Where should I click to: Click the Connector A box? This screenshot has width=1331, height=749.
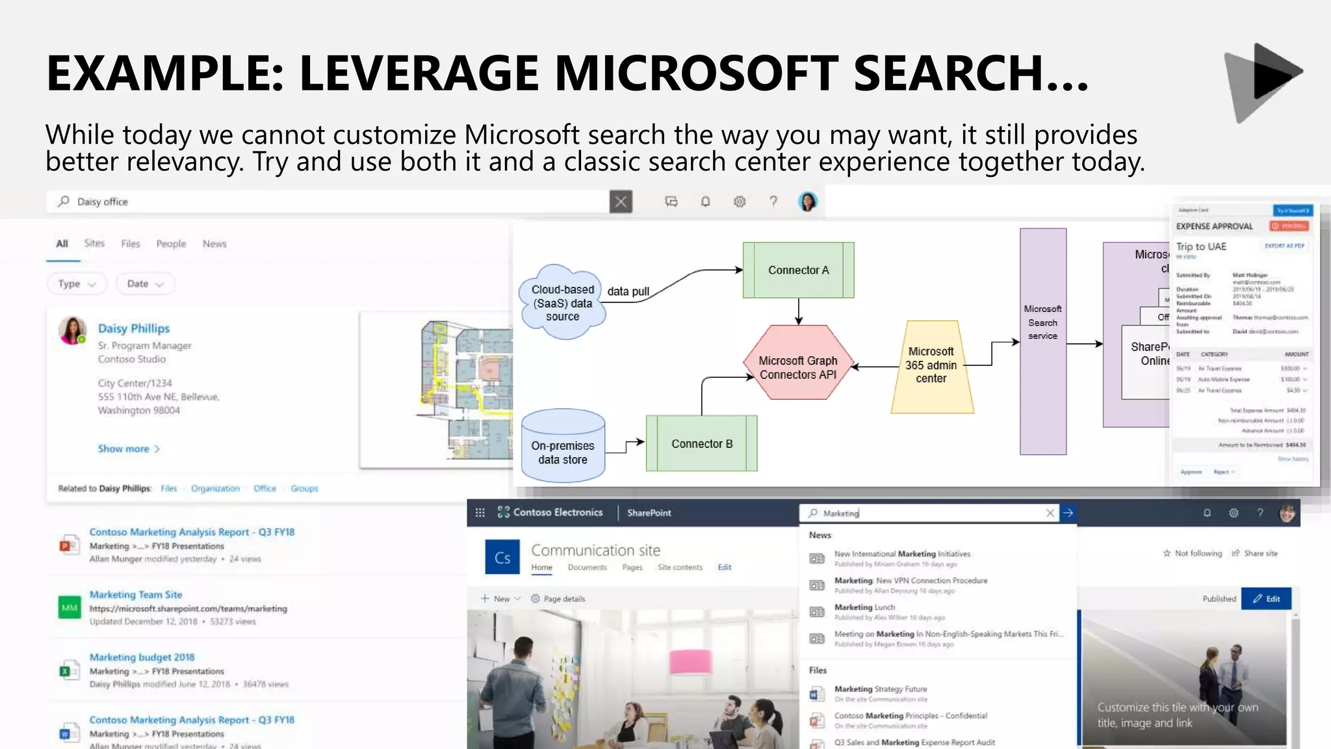pos(798,270)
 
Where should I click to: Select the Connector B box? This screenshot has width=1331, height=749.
pos(701,443)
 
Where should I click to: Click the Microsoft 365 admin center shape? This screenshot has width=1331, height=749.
pos(931,365)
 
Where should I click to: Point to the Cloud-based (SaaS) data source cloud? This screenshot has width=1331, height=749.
pos(562,303)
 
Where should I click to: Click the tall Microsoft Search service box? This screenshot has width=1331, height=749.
pos(1042,341)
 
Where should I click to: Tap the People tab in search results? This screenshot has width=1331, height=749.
pos(171,244)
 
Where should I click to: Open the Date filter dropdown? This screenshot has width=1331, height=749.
pos(144,283)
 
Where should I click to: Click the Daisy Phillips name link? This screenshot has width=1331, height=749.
pos(134,328)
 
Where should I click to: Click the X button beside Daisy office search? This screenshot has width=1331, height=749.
pos(621,202)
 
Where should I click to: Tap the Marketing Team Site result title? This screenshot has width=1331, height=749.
pos(136,594)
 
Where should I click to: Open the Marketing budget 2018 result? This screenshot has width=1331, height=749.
pos(142,657)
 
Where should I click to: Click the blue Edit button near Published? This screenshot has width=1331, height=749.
pos(1265,599)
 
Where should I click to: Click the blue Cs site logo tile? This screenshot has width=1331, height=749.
pos(502,557)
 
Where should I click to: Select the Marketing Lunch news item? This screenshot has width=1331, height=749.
pos(864,607)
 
